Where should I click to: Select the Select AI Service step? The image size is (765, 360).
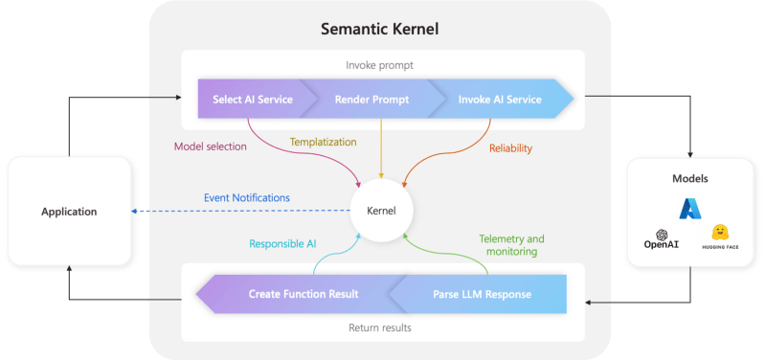click(x=252, y=100)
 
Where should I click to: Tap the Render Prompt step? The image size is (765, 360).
click(x=368, y=100)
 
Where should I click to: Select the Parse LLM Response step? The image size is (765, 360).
click(x=481, y=294)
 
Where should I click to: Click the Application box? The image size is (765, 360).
click(x=68, y=212)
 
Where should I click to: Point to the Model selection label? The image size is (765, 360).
click(x=211, y=146)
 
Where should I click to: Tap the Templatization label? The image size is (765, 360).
click(x=324, y=142)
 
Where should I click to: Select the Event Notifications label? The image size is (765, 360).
click(x=246, y=198)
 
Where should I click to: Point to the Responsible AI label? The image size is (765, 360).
click(x=283, y=243)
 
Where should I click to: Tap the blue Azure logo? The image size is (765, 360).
click(x=691, y=210)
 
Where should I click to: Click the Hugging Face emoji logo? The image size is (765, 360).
click(x=721, y=233)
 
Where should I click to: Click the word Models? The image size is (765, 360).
click(x=691, y=178)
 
